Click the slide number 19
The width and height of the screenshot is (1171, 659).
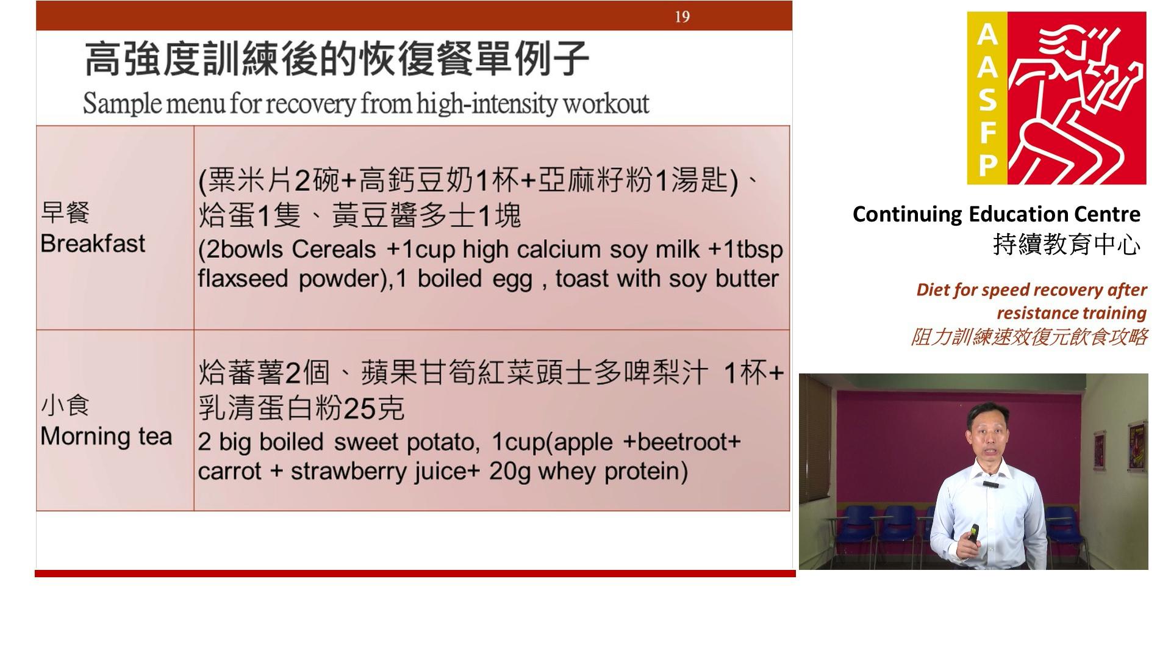[682, 16]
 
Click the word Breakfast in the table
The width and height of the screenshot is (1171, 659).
[93, 243]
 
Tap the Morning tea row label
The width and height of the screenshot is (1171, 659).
[106, 436]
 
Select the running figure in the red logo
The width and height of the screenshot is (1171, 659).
[1076, 98]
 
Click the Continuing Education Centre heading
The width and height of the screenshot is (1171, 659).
[996, 214]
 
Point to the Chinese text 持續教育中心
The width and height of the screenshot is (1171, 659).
[1067, 245]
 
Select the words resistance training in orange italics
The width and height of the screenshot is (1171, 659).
[1072, 313]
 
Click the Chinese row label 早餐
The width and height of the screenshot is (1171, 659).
[65, 212]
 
